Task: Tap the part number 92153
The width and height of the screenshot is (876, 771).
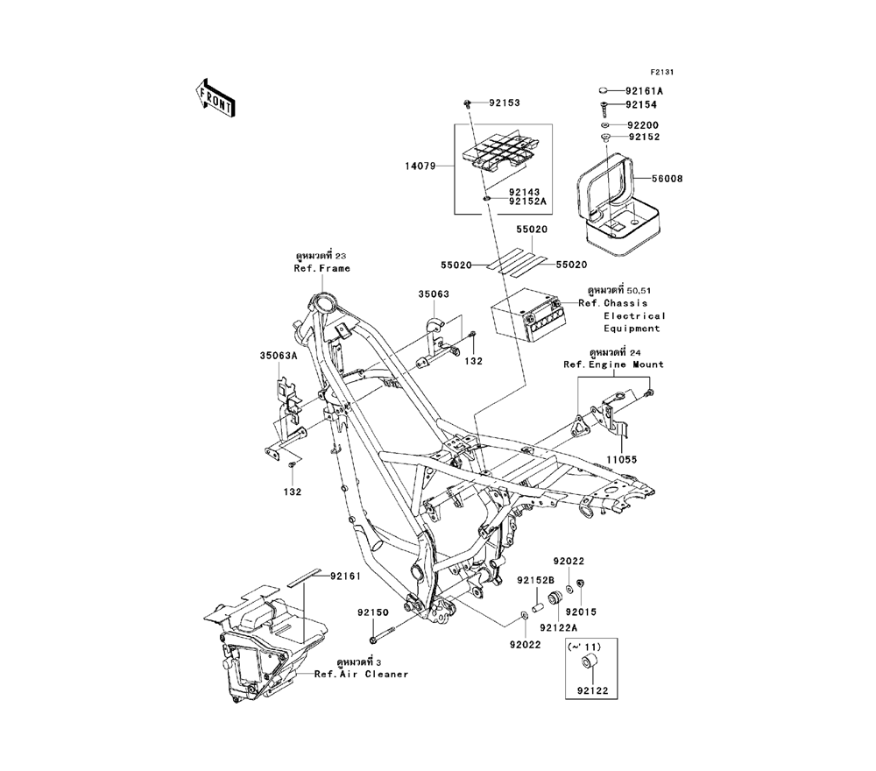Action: (x=504, y=103)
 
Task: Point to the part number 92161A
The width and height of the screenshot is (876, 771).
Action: (x=644, y=90)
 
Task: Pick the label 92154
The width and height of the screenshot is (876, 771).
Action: (x=641, y=105)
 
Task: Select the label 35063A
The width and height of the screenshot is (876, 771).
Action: (x=278, y=356)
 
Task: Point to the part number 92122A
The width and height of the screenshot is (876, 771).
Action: (x=558, y=626)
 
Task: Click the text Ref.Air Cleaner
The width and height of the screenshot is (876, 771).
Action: (x=361, y=675)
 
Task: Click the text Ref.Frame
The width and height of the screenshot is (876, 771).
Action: (x=321, y=268)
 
